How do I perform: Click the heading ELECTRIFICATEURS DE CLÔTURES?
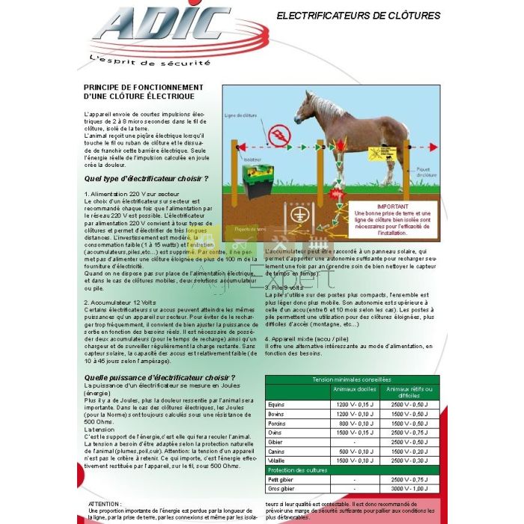[x=359, y=15]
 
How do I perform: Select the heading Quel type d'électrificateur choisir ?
[x=146, y=179]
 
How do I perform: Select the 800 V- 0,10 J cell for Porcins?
[x=354, y=423]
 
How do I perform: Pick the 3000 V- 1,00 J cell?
[x=409, y=488]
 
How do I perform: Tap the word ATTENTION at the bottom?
[x=105, y=505]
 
